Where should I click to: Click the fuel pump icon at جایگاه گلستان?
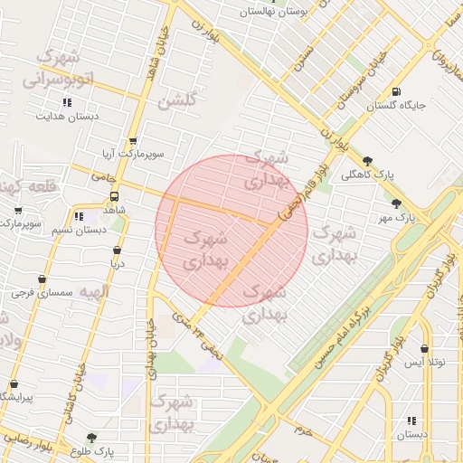[x=397, y=90]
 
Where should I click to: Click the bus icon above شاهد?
[x=115, y=196]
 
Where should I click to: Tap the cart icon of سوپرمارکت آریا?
[x=134, y=141]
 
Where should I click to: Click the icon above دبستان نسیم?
[x=79, y=216]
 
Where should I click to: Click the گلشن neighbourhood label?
[x=176, y=100]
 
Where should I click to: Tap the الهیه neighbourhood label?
[x=92, y=291]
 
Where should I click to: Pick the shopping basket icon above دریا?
[x=117, y=250]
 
